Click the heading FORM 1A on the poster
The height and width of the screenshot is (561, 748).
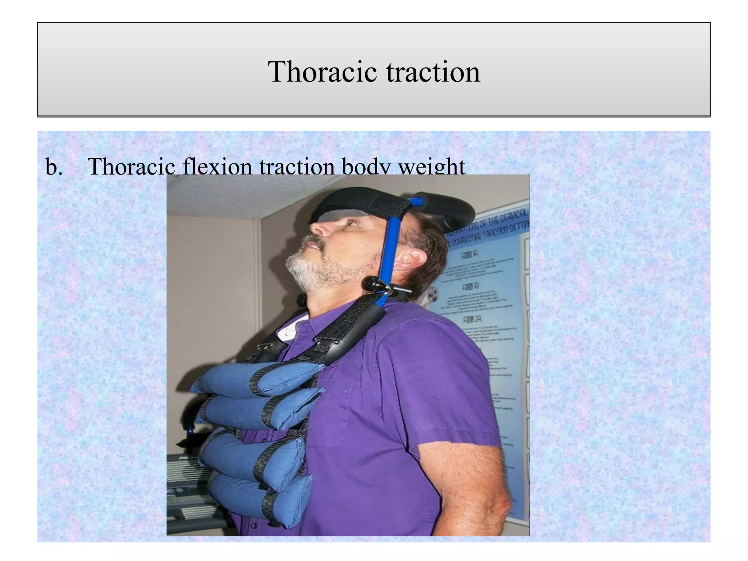pos(470,254)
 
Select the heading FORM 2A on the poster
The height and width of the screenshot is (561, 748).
pos(472,320)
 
